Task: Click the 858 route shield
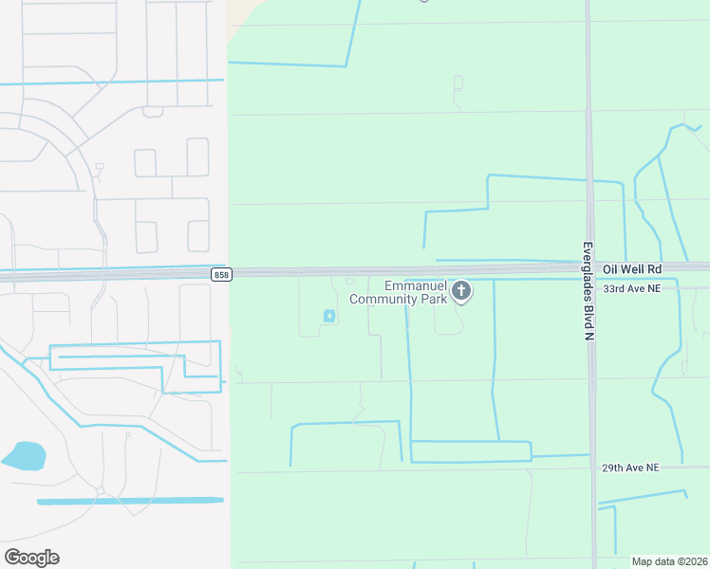point(221,274)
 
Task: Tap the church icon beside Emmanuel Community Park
point(462,290)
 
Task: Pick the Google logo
point(31,558)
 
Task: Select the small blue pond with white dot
point(329,316)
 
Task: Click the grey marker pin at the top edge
point(423,1)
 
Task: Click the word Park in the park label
point(430,299)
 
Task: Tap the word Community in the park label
point(383,299)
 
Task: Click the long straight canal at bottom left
point(130,501)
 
